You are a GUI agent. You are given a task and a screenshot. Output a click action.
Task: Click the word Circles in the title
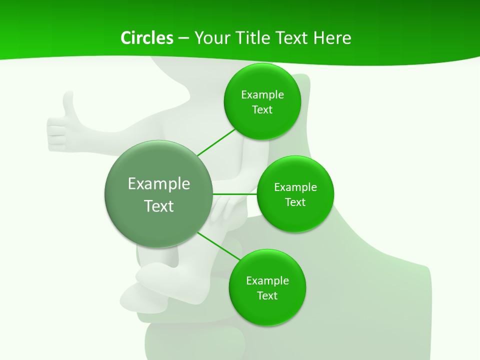click(146, 38)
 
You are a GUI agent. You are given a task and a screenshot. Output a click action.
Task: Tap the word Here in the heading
click(332, 38)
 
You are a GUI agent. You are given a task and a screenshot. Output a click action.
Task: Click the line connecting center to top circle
click(216, 142)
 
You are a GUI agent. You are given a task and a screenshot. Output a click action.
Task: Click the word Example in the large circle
click(159, 184)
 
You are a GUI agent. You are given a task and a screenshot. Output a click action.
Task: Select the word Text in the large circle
click(159, 206)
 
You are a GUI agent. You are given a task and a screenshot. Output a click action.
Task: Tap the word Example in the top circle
click(262, 95)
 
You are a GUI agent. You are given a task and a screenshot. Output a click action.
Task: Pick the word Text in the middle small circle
click(295, 202)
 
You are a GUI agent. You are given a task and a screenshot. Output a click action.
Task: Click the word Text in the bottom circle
click(267, 296)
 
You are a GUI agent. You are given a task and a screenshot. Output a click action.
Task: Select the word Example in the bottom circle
click(267, 281)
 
